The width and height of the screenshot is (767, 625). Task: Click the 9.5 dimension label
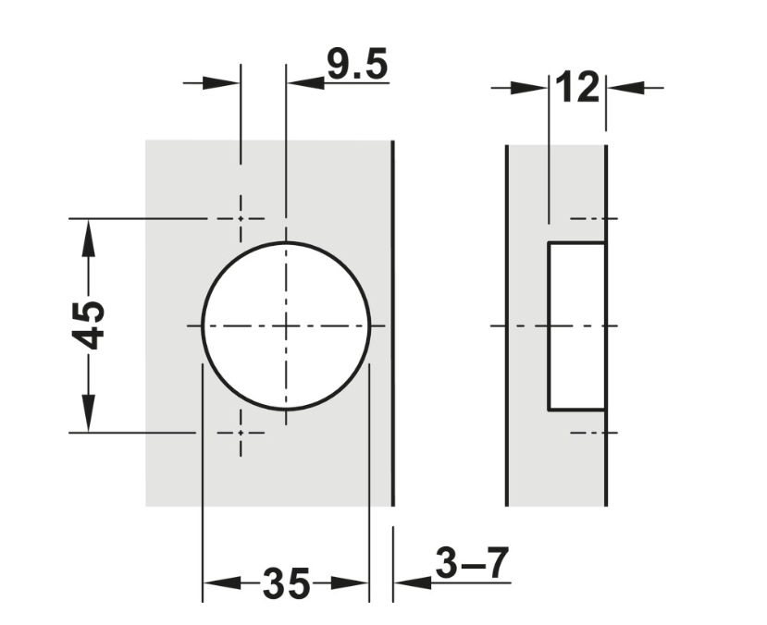point(357,64)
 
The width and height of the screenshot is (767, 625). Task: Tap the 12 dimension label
point(577,87)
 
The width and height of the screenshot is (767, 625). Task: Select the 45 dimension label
point(89,325)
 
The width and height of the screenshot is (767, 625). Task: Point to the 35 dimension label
point(286,583)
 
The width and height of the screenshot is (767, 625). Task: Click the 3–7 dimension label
point(472,562)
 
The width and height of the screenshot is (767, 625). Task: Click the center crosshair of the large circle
point(286,325)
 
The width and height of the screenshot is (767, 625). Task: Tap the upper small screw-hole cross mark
point(241,218)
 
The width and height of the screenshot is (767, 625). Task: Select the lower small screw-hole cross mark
point(241,433)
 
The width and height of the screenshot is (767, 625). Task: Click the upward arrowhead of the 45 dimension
point(88,238)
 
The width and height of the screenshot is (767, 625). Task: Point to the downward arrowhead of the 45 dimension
point(88,413)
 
